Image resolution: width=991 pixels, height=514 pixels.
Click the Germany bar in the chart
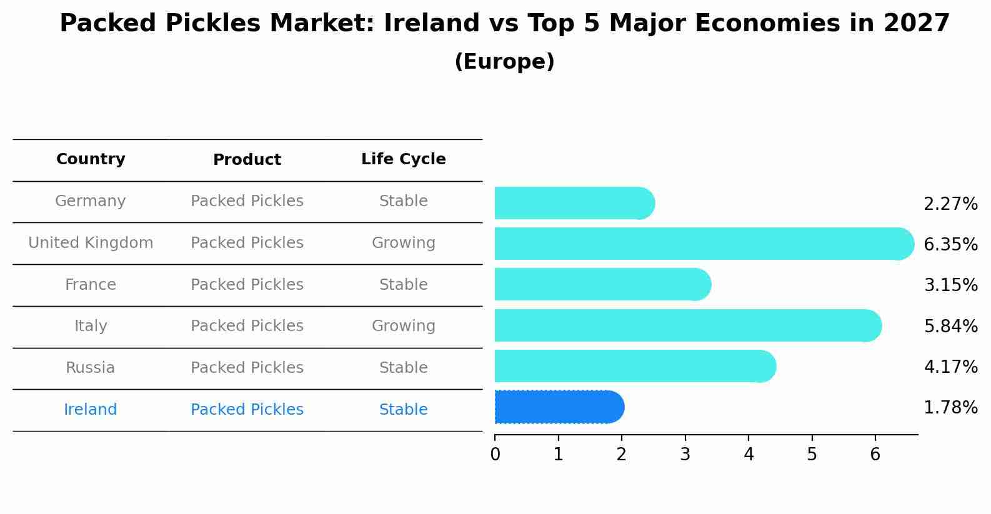pos(574,203)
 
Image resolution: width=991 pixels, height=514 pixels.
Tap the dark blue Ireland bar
pos(559,407)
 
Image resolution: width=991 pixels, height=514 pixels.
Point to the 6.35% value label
pos(950,244)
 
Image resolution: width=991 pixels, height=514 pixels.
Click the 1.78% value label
pos(950,408)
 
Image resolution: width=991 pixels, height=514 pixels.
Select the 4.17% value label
pos(950,367)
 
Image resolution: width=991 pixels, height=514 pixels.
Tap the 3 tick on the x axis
pos(685,454)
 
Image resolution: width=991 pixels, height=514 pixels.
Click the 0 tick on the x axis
pos(495,454)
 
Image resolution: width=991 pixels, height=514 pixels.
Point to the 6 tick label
pos(875,454)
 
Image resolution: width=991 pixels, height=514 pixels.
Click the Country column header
pos(91,159)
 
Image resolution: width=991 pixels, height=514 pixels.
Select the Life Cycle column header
pos(403,159)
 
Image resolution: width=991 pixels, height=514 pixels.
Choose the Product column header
pos(247,160)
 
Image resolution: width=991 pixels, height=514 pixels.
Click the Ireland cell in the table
pos(91,410)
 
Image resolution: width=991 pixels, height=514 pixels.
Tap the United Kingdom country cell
pos(91,243)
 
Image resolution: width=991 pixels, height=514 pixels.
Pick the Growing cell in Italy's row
pos(403,326)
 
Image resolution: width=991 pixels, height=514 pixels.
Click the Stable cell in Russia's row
pos(403,368)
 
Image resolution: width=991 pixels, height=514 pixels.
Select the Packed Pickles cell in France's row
pos(247,285)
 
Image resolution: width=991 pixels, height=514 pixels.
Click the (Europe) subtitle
pos(504,62)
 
